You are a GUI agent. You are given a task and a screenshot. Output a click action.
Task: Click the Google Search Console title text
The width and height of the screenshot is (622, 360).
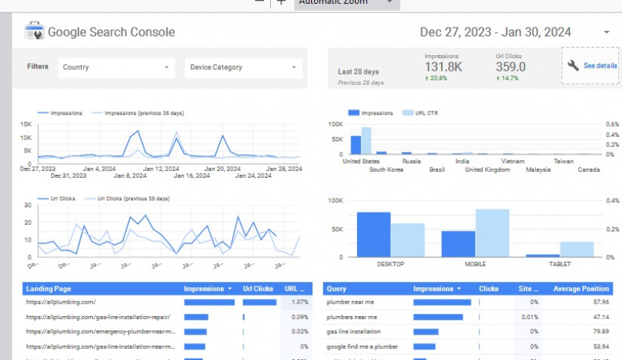tap(111, 32)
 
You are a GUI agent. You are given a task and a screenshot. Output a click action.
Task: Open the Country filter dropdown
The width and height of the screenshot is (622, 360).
tap(115, 67)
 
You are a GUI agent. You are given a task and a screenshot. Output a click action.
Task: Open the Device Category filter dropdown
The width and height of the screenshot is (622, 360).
tap(243, 67)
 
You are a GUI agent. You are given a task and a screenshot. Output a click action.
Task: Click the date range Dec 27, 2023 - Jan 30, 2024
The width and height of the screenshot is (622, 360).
tap(496, 32)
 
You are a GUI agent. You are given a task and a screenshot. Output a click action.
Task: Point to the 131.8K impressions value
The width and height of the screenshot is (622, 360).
tap(443, 67)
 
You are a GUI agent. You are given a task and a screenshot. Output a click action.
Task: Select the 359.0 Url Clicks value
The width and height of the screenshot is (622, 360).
tap(510, 67)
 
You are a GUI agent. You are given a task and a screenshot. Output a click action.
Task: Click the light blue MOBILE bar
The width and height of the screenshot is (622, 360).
tap(492, 233)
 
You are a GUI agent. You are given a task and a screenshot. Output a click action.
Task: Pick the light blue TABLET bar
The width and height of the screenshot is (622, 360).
tap(577, 249)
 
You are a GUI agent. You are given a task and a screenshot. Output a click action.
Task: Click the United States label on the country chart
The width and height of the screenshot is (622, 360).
tap(361, 161)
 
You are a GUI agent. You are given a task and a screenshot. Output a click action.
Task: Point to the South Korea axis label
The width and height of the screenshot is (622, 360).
tap(386, 170)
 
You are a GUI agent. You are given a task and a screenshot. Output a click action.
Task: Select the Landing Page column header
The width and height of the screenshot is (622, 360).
tap(48, 289)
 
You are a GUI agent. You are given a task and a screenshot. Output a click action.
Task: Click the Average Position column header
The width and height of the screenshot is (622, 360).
tap(580, 289)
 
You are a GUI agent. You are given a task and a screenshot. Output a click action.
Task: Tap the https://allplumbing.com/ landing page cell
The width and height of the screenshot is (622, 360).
tap(61, 302)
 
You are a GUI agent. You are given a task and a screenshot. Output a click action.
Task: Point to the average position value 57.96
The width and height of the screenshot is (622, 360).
tap(600, 302)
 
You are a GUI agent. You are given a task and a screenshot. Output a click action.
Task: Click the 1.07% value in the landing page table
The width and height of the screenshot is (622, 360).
tap(300, 302)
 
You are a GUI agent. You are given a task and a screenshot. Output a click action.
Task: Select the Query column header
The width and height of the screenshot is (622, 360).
tap(336, 289)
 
